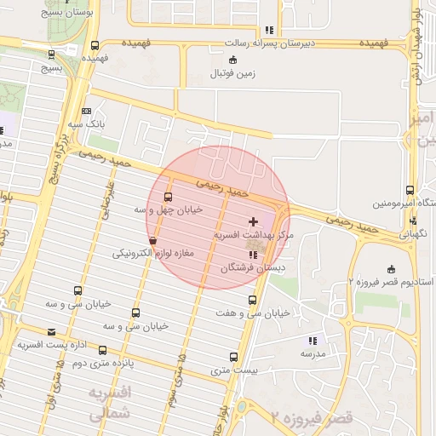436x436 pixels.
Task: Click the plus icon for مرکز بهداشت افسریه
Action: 253,221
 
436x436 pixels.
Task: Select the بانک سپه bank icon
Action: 86,112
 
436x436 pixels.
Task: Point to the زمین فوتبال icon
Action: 234,60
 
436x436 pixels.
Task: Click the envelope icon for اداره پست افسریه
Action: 52,332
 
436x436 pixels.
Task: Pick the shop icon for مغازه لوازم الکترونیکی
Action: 152,241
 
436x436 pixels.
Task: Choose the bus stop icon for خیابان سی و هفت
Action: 252,300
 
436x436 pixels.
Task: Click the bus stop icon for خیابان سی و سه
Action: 135,313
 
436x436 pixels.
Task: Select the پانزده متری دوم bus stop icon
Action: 103,350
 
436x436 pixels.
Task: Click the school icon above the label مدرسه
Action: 312,341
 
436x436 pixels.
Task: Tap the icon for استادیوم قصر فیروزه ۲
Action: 391,269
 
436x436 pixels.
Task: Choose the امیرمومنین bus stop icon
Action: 410,191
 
